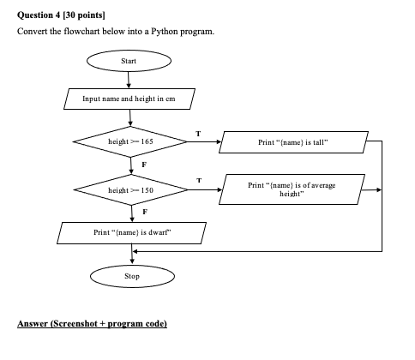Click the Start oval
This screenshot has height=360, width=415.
129,61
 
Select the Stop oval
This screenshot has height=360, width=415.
132,276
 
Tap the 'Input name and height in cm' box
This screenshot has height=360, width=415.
129,99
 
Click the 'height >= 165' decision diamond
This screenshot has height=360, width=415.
130,141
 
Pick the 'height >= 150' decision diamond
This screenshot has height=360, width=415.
131,189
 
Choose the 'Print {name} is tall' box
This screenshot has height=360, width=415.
293,142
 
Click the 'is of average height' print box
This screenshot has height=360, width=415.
292,189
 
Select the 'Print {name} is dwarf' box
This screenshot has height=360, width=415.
132,233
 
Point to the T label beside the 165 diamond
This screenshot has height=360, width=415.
198,134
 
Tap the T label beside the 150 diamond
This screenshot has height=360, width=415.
199,180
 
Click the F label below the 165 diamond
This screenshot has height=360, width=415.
144,165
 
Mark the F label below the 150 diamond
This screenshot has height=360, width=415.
145,212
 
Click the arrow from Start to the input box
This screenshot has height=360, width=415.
129,80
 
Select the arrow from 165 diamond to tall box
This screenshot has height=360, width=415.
204,141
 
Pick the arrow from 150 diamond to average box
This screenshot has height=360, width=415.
205,189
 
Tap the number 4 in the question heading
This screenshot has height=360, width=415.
57,15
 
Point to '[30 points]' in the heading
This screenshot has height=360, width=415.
84,15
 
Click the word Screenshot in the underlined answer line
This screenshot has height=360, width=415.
75,323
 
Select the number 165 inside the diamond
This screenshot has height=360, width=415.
147,141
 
